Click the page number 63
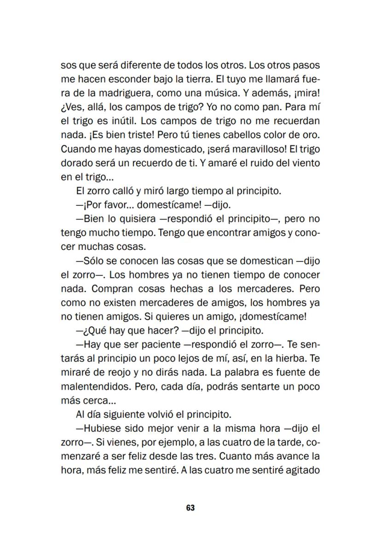click(x=190, y=508)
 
